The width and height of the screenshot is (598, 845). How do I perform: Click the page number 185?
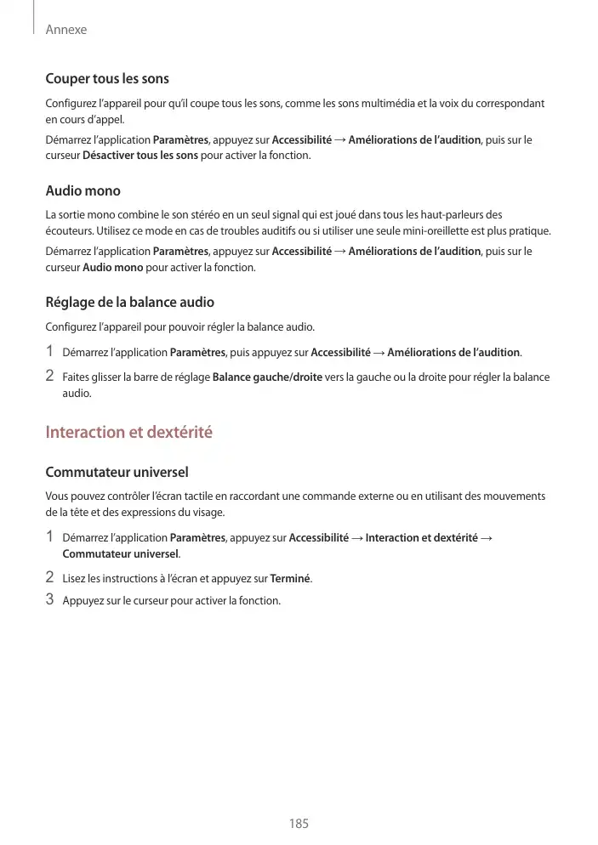click(299, 824)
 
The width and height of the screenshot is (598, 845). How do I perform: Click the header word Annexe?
click(65, 30)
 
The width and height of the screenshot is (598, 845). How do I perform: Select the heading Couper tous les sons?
click(107, 79)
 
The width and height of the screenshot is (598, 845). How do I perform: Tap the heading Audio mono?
click(83, 190)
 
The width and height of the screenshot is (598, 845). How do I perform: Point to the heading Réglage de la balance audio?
click(129, 302)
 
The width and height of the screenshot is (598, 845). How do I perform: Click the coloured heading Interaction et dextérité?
click(128, 432)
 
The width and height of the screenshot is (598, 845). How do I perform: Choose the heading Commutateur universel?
click(117, 472)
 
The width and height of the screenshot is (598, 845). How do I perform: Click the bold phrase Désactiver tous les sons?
click(140, 156)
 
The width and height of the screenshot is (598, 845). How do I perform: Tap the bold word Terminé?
click(290, 579)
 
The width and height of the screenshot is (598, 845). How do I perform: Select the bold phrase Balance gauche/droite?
click(267, 377)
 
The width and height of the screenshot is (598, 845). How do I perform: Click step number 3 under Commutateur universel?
click(49, 600)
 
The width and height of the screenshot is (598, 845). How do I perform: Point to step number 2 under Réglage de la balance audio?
click(49, 377)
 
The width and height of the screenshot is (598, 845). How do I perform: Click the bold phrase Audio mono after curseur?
click(112, 267)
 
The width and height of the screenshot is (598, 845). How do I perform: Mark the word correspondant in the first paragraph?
click(508, 104)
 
